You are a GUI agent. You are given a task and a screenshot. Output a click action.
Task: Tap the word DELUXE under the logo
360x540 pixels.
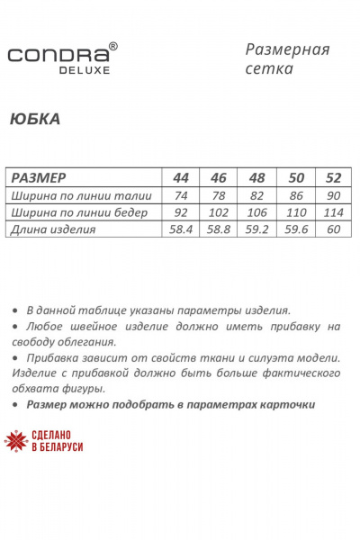click(x=86, y=68)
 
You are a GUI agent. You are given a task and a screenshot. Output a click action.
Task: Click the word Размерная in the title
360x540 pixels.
click(x=287, y=49)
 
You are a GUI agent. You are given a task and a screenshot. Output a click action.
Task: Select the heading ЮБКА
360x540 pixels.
click(x=35, y=119)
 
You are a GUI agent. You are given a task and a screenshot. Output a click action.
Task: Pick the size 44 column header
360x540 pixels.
click(x=179, y=177)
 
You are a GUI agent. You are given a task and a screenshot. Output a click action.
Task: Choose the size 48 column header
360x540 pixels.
click(x=256, y=177)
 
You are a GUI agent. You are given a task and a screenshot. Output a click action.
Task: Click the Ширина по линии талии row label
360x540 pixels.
click(x=81, y=195)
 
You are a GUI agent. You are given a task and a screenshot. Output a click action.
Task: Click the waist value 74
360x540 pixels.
click(x=179, y=195)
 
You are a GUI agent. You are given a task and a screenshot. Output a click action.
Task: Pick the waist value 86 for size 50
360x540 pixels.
click(x=294, y=195)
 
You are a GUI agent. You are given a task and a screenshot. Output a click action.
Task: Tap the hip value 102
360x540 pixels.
click(x=218, y=212)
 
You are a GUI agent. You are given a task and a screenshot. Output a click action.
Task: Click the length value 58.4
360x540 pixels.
click(x=179, y=229)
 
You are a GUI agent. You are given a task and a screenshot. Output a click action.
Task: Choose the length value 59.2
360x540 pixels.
click(x=256, y=229)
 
